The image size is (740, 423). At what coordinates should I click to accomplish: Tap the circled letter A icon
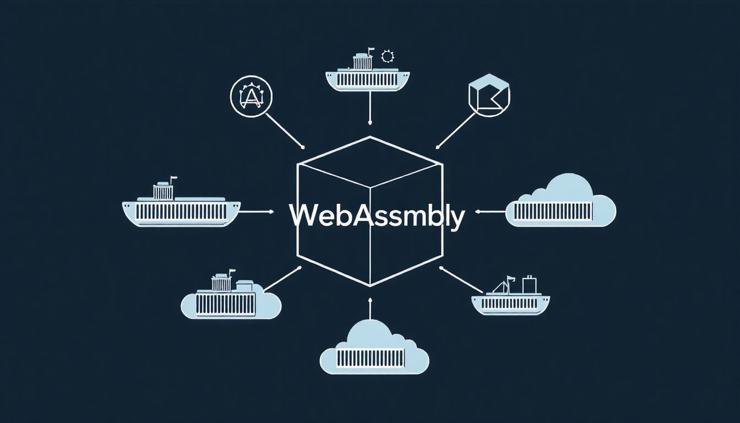pyautogui.click(x=251, y=96)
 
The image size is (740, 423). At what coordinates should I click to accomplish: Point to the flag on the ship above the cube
pyautogui.click(x=372, y=52)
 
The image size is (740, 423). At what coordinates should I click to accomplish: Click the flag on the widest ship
pyautogui.click(x=174, y=179)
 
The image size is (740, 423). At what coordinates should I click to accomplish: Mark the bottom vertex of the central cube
pyautogui.click(x=370, y=286)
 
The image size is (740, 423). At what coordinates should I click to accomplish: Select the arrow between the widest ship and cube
pyautogui.click(x=256, y=211)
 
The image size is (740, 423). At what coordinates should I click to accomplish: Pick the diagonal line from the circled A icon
pyautogui.click(x=285, y=131)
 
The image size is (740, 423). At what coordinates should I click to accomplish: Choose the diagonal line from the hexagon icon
pyautogui.click(x=456, y=131)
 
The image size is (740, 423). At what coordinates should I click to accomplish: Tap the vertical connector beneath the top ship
pyautogui.click(x=370, y=106)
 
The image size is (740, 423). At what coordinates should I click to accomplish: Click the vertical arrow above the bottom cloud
pyautogui.click(x=370, y=308)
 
